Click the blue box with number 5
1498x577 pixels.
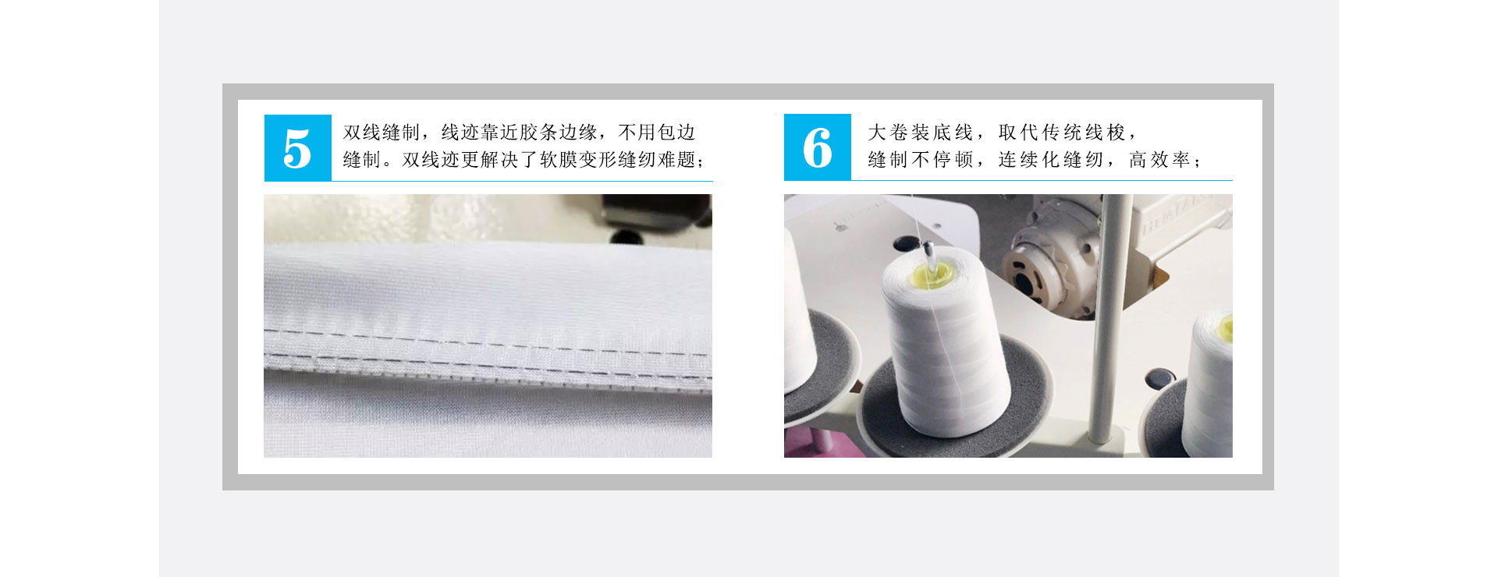(x=297, y=147)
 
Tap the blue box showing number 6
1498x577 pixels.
(x=817, y=147)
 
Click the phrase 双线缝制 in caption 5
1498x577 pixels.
(x=382, y=133)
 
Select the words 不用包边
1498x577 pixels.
(x=656, y=133)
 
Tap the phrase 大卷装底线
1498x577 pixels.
(x=921, y=133)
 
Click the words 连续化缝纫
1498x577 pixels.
(x=1051, y=160)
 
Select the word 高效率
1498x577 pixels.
(x=1159, y=160)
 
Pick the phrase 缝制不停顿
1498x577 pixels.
(x=921, y=160)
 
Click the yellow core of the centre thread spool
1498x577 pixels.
(x=932, y=272)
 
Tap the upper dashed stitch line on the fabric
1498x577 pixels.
(x=484, y=339)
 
